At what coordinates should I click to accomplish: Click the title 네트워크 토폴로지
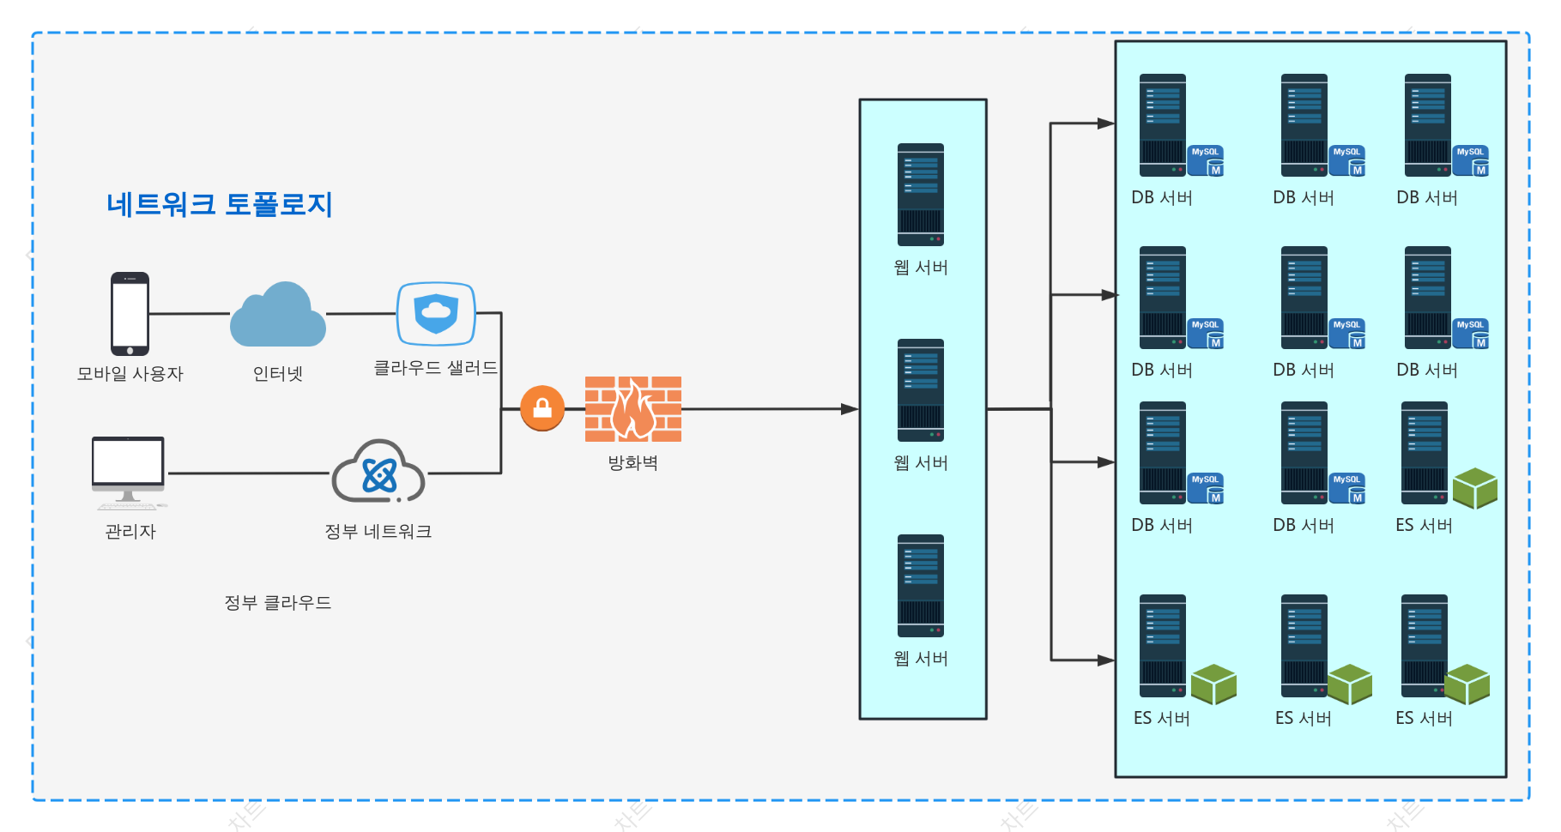pyautogui.click(x=219, y=204)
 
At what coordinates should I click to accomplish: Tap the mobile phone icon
pyautogui.click(x=130, y=314)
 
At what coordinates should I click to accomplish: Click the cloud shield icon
pyautogui.click(x=436, y=314)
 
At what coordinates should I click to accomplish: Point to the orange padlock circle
pyautogui.click(x=542, y=408)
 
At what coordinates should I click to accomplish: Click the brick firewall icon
pyautogui.click(x=633, y=409)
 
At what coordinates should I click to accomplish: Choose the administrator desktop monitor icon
pyautogui.click(x=129, y=473)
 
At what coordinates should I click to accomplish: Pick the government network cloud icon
pyautogui.click(x=378, y=471)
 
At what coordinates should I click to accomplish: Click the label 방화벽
pyautogui.click(x=633, y=463)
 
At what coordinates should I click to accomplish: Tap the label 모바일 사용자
pyautogui.click(x=130, y=374)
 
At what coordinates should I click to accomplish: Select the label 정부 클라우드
pyautogui.click(x=277, y=603)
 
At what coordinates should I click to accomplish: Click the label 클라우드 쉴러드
pyautogui.click(x=436, y=368)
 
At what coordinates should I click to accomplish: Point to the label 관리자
pyautogui.click(x=130, y=532)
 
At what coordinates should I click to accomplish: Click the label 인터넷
pyautogui.click(x=278, y=374)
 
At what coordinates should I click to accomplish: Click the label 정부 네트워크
pyautogui.click(x=378, y=532)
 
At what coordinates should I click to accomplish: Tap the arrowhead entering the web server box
pyautogui.click(x=850, y=409)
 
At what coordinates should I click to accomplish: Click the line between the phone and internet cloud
pyautogui.click(x=190, y=314)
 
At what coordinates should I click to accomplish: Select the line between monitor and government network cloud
pyautogui.click(x=250, y=473)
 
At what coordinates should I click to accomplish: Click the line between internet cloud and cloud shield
pyautogui.click(x=360, y=314)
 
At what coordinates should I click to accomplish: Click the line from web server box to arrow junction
pyautogui.click(x=1019, y=409)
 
